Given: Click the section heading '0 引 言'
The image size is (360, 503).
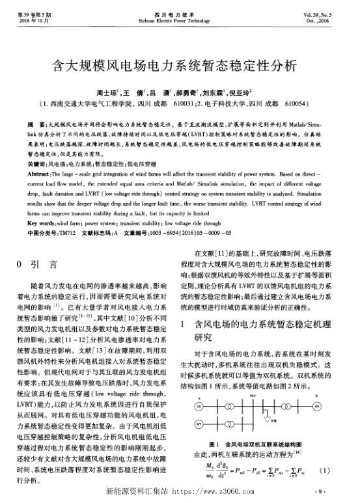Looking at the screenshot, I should point(36,265).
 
